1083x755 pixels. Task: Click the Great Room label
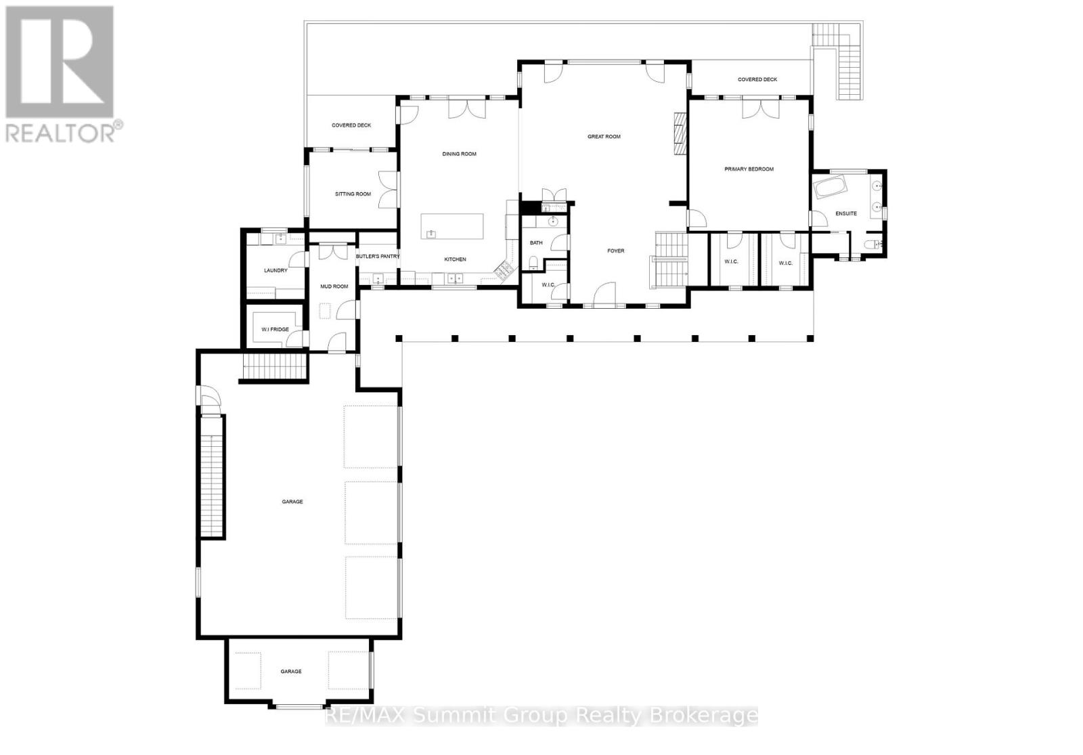click(x=604, y=137)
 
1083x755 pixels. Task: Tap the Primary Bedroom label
click(x=749, y=169)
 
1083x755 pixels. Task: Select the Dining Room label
click(x=460, y=154)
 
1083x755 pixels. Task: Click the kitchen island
click(x=452, y=226)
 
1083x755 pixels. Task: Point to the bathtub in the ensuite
click(x=830, y=187)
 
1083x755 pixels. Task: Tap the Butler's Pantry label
click(x=378, y=257)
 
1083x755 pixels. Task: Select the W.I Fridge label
click(x=275, y=330)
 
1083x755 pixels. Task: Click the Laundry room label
click(x=275, y=271)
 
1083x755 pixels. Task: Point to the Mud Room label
click(x=334, y=286)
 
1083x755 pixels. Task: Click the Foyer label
click(x=615, y=251)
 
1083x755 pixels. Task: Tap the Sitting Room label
click(x=353, y=194)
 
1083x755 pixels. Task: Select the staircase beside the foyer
click(x=670, y=261)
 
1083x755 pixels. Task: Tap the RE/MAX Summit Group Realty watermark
click(x=541, y=716)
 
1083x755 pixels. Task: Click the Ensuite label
click(x=846, y=214)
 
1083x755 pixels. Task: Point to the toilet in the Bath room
click(x=533, y=263)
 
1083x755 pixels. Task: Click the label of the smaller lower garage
click(x=291, y=672)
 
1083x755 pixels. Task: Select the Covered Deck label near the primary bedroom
click(x=757, y=80)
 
